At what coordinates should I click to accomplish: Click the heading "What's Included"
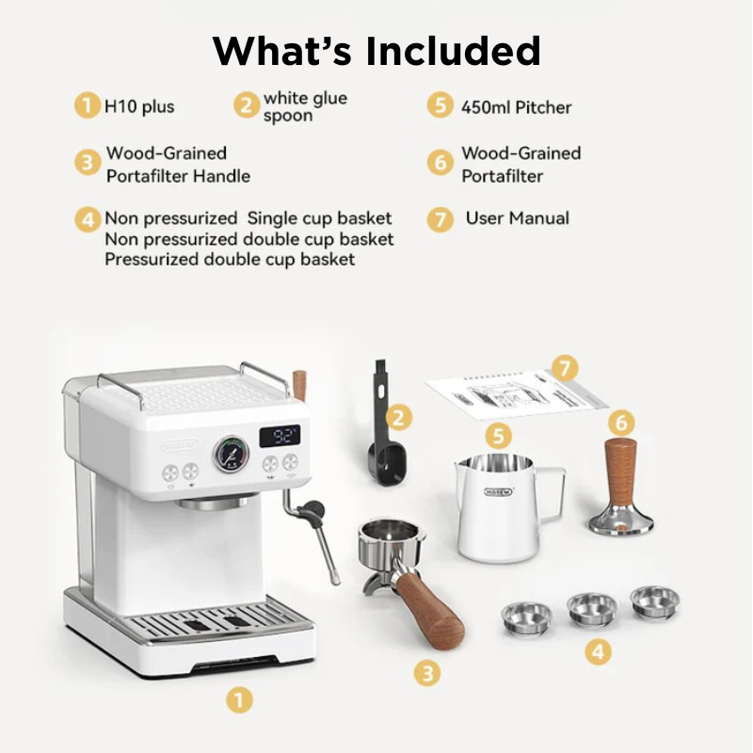click(376, 51)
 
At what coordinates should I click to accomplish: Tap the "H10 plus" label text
click(139, 106)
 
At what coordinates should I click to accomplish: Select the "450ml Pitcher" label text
click(516, 106)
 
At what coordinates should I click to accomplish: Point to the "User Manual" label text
click(517, 218)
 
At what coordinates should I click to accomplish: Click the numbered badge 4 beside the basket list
click(88, 219)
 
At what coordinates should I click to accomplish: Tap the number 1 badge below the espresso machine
click(240, 699)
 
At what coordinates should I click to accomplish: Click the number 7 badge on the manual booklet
click(564, 368)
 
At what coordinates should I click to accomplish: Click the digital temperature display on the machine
click(279, 436)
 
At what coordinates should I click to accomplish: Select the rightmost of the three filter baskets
click(654, 601)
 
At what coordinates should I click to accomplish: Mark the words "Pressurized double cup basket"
click(230, 259)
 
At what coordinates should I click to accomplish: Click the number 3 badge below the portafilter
click(427, 672)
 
